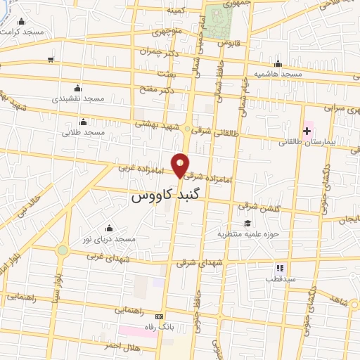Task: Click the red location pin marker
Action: coord(181,165)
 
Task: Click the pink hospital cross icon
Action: coord(307,131)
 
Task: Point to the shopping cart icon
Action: coord(51,60)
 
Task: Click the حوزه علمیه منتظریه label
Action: coord(248,233)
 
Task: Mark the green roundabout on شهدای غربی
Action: coord(63,250)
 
